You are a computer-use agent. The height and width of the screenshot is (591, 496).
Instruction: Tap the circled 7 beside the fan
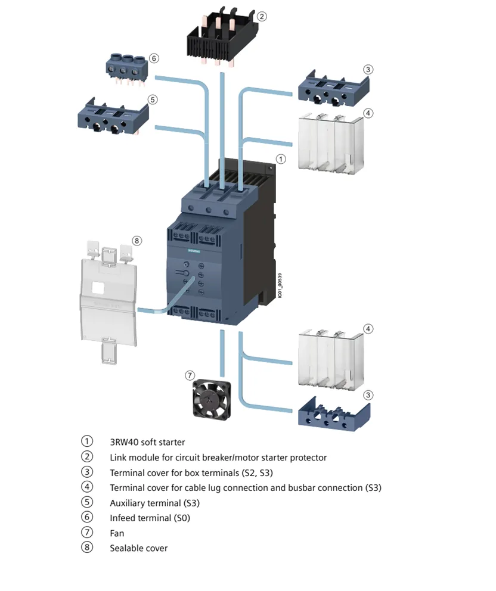190,375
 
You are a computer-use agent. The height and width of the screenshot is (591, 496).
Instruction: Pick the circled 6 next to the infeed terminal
154,58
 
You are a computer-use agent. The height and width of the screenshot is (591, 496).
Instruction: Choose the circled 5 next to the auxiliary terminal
153,99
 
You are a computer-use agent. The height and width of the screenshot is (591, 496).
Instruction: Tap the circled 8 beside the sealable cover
137,241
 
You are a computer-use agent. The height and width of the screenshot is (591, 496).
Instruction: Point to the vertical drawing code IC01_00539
280,287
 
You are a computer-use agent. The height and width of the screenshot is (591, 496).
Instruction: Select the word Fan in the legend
117,533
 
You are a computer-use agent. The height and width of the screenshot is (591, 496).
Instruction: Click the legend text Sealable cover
138,548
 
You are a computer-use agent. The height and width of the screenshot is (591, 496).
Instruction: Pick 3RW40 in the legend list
124,442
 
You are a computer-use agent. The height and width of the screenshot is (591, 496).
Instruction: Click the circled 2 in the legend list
87,457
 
